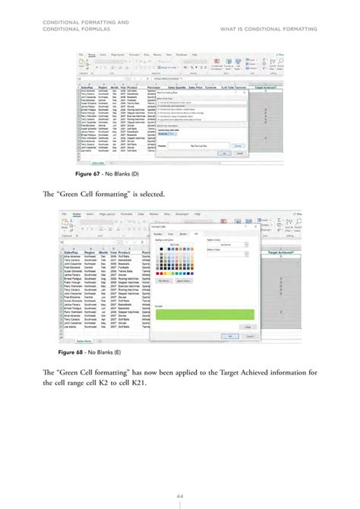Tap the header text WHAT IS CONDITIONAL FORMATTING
(x=268, y=30)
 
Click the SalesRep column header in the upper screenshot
(x=89, y=87)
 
